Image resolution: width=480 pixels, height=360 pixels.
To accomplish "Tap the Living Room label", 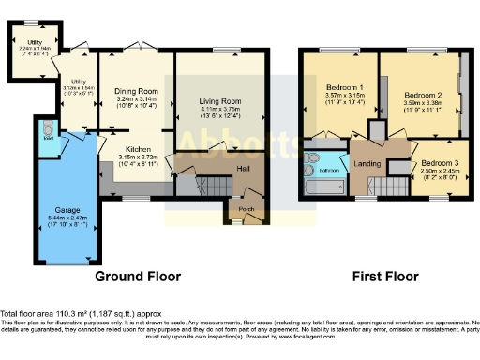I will click(220, 100).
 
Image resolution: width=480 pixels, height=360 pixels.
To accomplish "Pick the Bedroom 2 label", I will click(422, 96).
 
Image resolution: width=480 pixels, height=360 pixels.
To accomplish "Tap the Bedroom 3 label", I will click(439, 164).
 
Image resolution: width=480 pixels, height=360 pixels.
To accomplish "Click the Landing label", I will click(367, 164).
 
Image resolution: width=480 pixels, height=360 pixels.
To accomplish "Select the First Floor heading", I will click(384, 277).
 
